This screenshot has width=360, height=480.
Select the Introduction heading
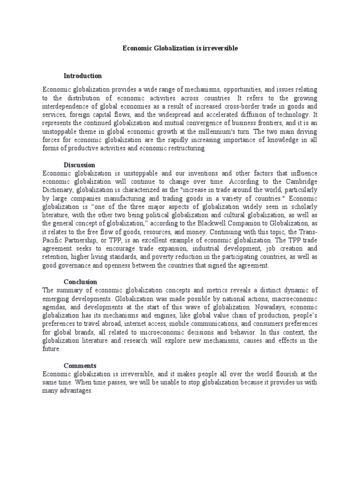[82, 75]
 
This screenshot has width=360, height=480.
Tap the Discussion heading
[79, 165]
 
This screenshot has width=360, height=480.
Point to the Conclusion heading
[80, 282]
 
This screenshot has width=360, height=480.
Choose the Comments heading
[80, 365]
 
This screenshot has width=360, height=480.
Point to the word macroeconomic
[294, 299]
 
